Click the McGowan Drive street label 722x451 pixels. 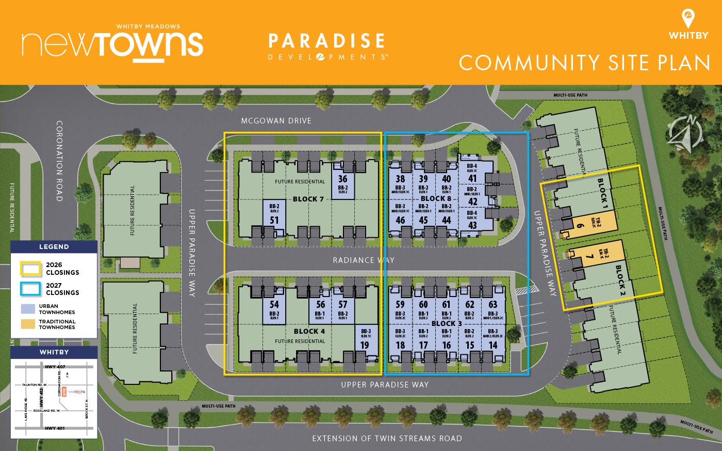(276, 121)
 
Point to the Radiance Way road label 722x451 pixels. (363, 260)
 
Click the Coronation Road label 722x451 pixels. (59, 161)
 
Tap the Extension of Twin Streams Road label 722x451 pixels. (387, 439)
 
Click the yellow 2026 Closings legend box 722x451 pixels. (30, 269)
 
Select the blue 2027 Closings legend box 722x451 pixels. (30, 289)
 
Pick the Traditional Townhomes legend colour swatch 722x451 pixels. (28, 324)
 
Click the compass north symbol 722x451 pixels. (684, 133)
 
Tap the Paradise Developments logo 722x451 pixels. (327, 46)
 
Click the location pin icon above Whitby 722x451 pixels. (688, 19)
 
